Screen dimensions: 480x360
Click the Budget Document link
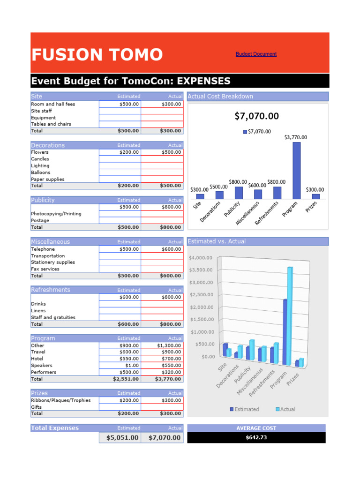pyautogui.click(x=256, y=54)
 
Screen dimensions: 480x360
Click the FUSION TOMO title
pyautogui.click(x=97, y=55)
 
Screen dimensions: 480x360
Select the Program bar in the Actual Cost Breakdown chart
pyautogui.click(x=296, y=170)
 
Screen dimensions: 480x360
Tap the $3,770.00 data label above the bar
pyautogui.click(x=296, y=137)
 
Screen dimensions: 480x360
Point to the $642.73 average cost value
pyautogui.click(x=256, y=438)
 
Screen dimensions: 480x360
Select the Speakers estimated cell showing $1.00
pyautogui.click(x=120, y=365)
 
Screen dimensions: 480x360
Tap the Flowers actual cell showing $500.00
pyautogui.click(x=162, y=152)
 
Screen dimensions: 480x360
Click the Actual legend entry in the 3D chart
pyautogui.click(x=285, y=409)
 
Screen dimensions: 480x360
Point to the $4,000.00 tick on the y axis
pyautogui.click(x=200, y=257)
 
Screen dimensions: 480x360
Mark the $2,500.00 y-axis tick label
pyautogui.click(x=200, y=294)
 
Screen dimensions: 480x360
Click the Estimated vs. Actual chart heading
pyautogui.click(x=216, y=241)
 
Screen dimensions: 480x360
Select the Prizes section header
pyautogui.click(x=39, y=393)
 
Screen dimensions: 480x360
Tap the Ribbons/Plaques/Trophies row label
pyautogui.click(x=61, y=400)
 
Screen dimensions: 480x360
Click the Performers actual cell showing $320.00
pyautogui.click(x=162, y=372)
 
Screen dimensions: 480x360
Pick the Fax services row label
pyautogui.click(x=45, y=269)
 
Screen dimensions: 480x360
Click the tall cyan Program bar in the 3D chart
pyautogui.click(x=290, y=314)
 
